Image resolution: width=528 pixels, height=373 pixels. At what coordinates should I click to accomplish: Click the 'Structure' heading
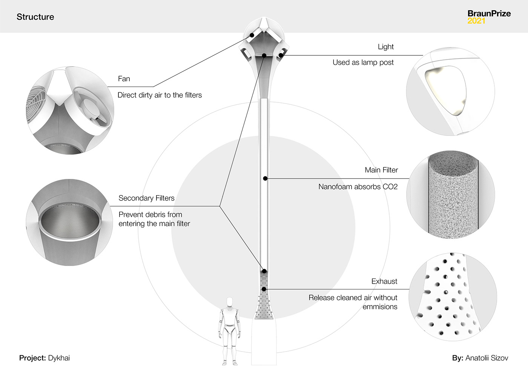35,17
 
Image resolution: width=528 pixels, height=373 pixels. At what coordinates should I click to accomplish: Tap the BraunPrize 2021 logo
489,17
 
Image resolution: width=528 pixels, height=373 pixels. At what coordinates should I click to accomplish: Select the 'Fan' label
124,79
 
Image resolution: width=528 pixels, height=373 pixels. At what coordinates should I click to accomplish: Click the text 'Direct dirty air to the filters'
160,95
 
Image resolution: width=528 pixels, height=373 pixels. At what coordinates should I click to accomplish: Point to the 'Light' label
385,47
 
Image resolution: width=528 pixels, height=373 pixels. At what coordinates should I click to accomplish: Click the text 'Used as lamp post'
363,63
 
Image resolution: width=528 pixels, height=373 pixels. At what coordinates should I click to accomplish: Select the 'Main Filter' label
381,170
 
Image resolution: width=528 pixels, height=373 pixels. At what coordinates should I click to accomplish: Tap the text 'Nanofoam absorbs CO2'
358,186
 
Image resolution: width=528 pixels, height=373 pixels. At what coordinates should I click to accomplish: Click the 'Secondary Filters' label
146,198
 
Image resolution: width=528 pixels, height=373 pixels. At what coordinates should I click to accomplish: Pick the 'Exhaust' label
384,281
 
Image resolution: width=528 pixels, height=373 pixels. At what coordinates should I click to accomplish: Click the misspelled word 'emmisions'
380,307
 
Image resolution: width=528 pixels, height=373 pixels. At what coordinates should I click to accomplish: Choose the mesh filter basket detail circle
69,222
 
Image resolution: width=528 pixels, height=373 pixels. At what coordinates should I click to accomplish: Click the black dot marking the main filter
265,178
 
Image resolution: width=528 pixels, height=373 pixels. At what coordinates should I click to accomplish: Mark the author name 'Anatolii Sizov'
487,358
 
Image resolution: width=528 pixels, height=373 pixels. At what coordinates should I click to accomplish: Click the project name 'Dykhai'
59,358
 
